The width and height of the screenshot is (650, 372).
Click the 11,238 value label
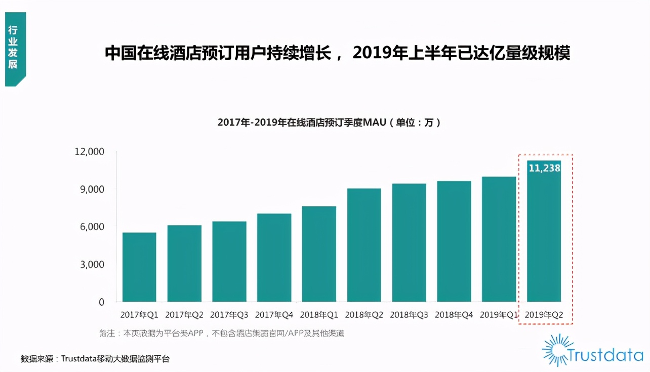click(544, 168)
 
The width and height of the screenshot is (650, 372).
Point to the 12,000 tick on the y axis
click(90, 152)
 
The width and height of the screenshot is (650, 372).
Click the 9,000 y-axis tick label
click(92, 189)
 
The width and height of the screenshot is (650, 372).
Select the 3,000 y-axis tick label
click(92, 264)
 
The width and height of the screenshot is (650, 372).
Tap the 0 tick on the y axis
click(101, 302)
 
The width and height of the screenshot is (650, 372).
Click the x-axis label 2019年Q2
click(544, 315)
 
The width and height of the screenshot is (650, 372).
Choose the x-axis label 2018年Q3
click(409, 315)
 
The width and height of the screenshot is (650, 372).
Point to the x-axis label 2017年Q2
click(184, 315)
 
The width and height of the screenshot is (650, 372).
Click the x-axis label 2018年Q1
click(319, 315)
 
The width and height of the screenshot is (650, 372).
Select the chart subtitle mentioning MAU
click(329, 122)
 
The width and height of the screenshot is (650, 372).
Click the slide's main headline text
click(337, 53)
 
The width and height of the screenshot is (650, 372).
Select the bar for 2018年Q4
click(454, 241)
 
